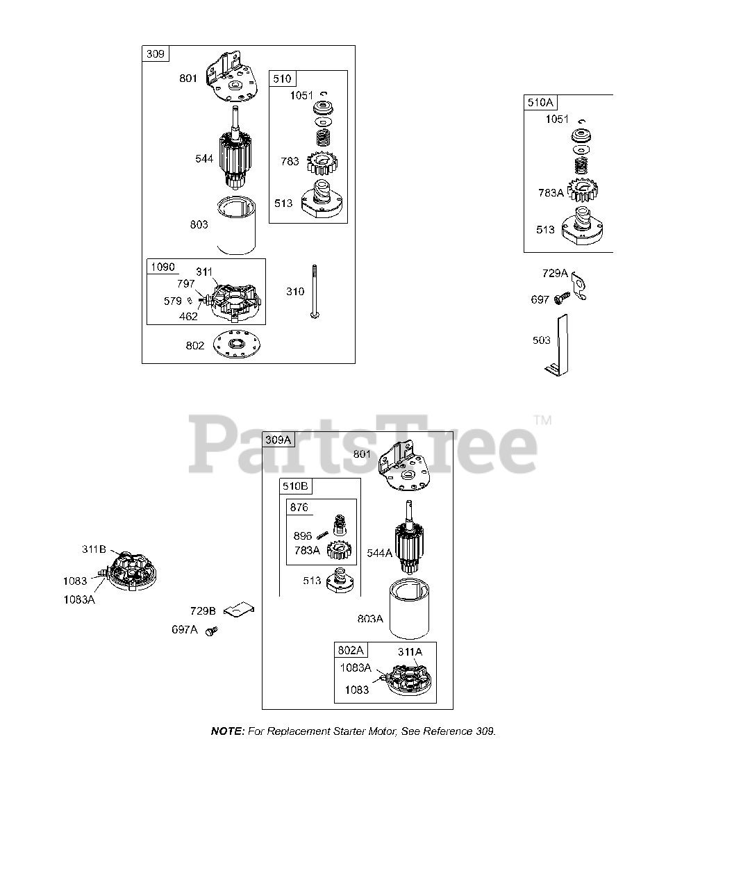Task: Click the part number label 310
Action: (x=295, y=292)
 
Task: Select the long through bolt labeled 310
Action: (x=315, y=292)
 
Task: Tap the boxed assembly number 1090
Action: (x=163, y=267)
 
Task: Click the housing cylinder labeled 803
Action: (x=236, y=226)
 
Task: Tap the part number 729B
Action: (x=203, y=611)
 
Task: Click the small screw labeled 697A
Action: (x=211, y=630)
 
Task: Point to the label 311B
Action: (x=94, y=549)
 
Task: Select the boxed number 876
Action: (x=299, y=508)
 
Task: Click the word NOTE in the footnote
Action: (x=227, y=731)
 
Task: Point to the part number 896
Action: (x=303, y=535)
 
